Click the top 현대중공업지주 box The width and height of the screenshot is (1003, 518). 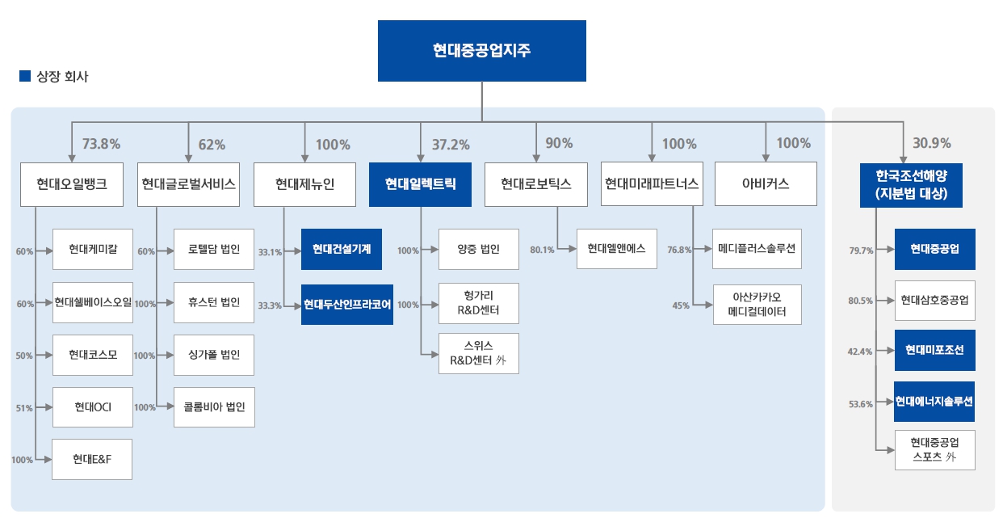coord(481,51)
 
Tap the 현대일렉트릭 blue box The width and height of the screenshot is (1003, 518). coord(421,184)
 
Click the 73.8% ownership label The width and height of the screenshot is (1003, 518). coord(101,145)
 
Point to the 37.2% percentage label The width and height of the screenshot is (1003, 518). coord(451,145)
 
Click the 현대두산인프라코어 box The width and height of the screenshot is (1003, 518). coord(346,305)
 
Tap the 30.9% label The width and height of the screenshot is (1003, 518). coord(931,144)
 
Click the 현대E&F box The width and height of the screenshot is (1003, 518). coord(92,460)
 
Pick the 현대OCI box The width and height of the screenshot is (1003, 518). coord(92,407)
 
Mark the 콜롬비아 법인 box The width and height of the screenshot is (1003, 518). coord(214,407)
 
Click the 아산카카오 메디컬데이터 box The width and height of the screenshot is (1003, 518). coord(757,304)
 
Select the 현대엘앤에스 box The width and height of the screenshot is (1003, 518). coord(617,249)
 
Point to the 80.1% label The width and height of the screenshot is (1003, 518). coord(542,251)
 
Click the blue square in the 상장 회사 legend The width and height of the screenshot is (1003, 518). coord(24,78)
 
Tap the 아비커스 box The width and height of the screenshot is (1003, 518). coord(766,184)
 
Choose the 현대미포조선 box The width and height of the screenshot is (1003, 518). coord(934,350)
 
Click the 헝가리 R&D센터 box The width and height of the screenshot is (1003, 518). coord(478,304)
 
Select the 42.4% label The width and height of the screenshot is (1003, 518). coord(860,352)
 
